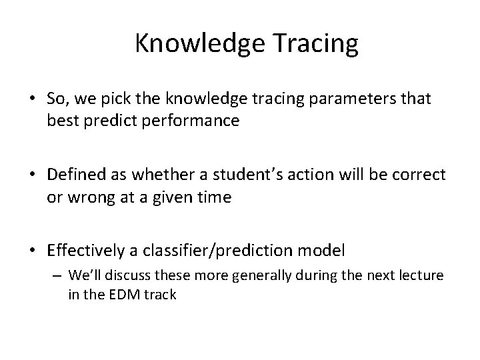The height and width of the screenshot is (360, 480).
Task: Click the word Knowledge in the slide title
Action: tap(193, 44)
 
